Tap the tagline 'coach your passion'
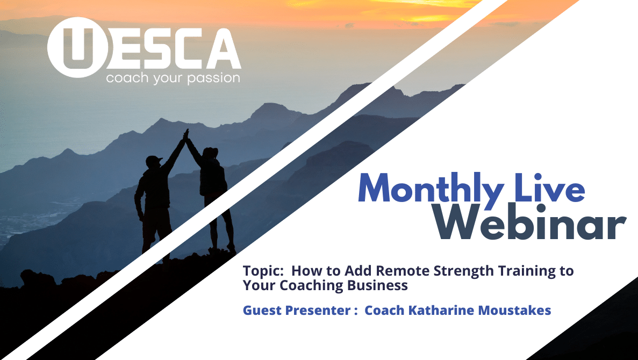coord(173,78)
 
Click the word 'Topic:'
coord(263,271)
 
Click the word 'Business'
coord(377,285)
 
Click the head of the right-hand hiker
coord(210,153)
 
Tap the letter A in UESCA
coord(223,48)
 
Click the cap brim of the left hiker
coord(159,159)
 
